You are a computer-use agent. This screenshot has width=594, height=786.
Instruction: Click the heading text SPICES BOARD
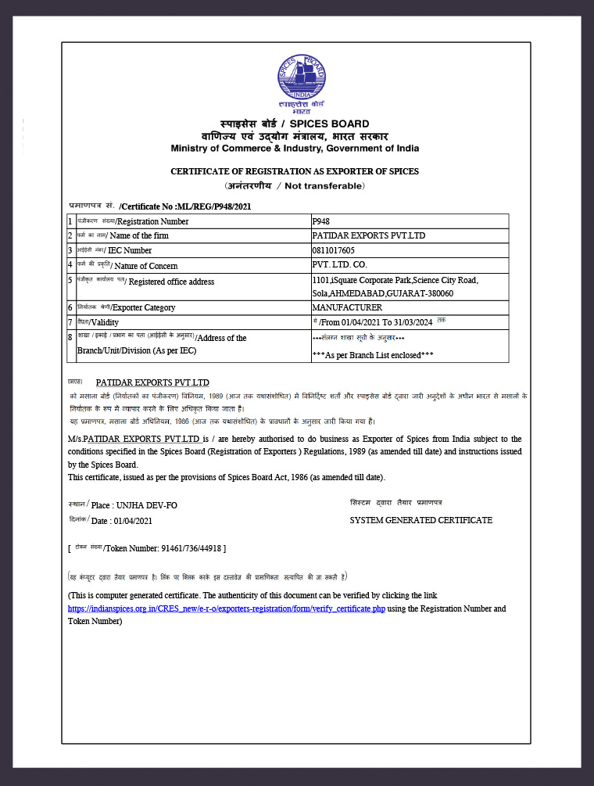pos(330,124)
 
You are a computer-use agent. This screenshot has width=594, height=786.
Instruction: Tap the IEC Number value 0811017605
pos(333,250)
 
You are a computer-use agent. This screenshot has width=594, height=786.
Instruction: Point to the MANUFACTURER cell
pos(347,307)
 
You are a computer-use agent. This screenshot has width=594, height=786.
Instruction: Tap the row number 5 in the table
pos(70,280)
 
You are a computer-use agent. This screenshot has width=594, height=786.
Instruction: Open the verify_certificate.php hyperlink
pos(227,608)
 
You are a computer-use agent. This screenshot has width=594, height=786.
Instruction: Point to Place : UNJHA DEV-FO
pos(134,505)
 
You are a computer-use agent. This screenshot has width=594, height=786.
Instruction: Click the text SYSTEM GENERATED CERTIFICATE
pos(420,520)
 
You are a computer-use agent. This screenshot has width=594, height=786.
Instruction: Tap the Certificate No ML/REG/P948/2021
pos(185,206)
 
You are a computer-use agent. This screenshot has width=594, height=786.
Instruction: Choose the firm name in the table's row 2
pos(369,235)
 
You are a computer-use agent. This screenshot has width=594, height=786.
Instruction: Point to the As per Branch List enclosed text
pos(373,355)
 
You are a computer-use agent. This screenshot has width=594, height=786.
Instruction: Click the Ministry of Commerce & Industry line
pos(295,149)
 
